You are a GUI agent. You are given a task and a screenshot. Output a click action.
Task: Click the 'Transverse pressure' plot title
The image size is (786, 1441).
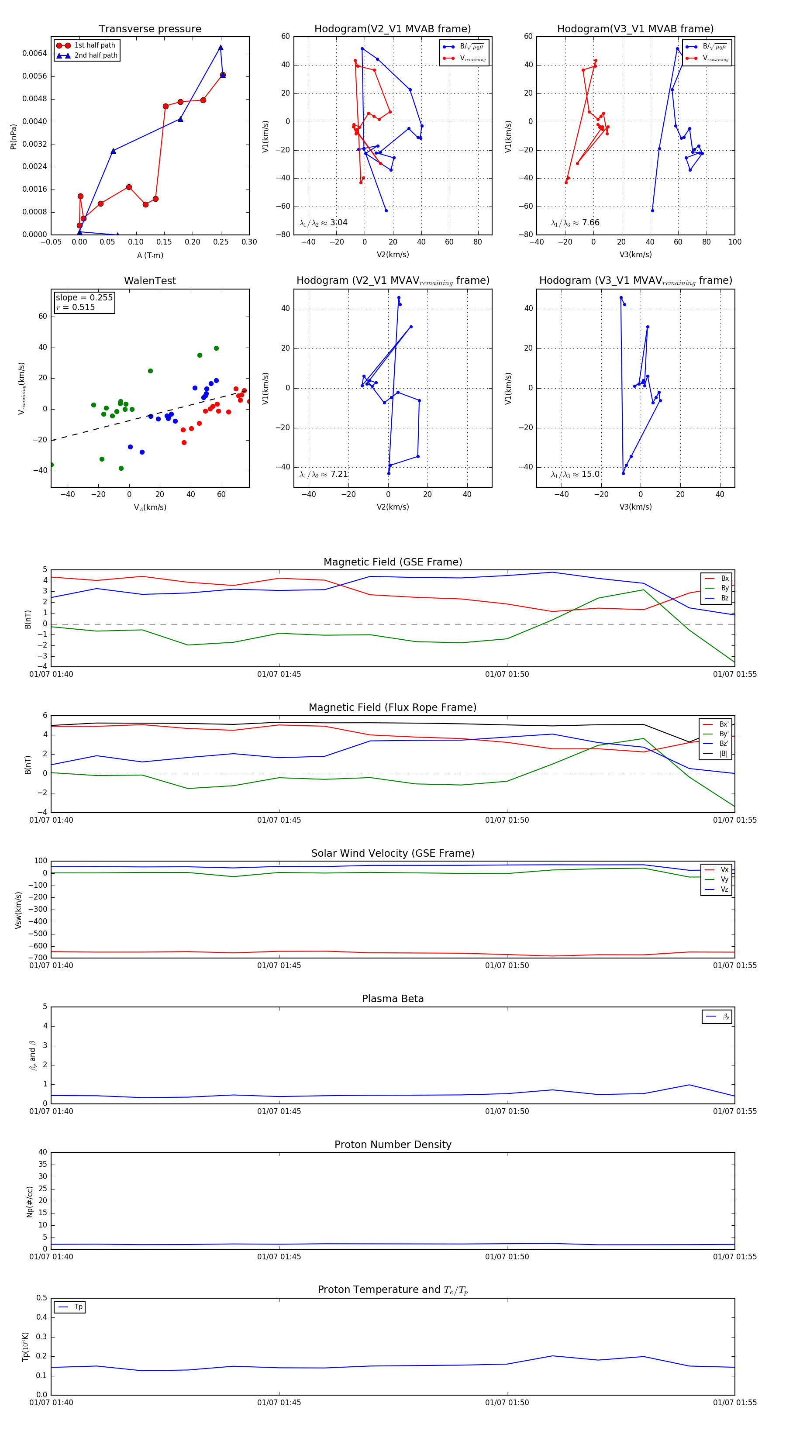pos(150,29)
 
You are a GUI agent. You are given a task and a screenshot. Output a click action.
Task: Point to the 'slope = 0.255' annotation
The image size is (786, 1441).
pos(84,298)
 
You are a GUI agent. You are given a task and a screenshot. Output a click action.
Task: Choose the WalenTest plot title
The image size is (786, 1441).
pos(150,281)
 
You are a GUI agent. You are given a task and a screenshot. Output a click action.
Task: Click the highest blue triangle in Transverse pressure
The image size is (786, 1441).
pos(221,48)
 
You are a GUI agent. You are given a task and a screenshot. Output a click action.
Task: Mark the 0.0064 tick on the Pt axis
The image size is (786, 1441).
pos(34,54)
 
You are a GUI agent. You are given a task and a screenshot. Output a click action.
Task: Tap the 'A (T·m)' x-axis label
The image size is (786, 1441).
pos(150,255)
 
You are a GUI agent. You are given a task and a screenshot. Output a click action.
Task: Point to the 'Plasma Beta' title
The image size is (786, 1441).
pos(393,999)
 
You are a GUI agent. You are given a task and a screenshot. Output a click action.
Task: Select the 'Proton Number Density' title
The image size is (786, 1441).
pos(393,1145)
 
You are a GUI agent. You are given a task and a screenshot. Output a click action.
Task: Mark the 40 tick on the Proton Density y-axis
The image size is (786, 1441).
pos(42,1152)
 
